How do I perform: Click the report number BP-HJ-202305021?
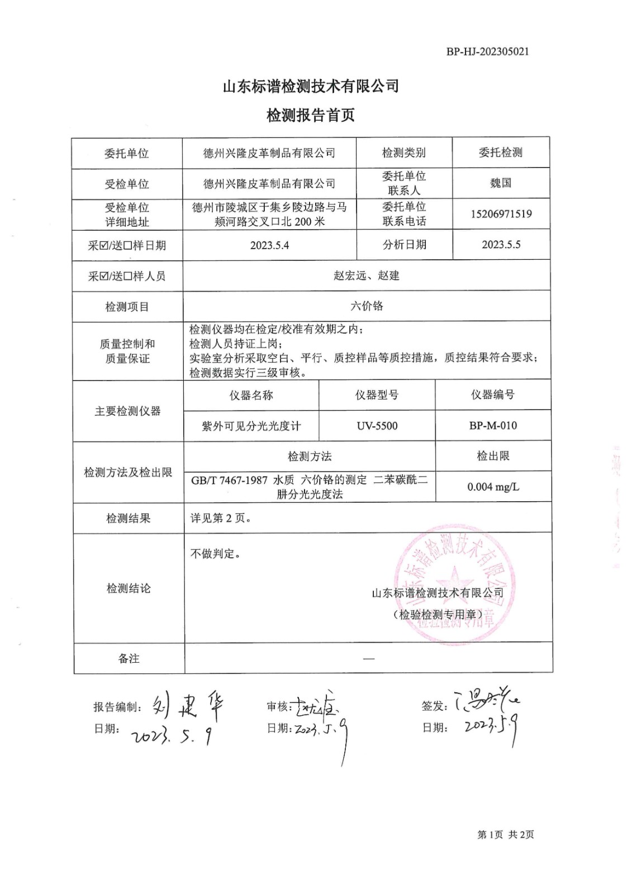[487, 51]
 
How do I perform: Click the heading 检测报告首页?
[311, 116]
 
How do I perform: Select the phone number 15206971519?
[501, 214]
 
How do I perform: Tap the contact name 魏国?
[500, 183]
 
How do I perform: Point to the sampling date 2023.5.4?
[269, 245]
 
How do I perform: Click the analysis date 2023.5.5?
[501, 245]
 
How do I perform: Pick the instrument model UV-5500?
[377, 426]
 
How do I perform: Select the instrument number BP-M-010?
[493, 426]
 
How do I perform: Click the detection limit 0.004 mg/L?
[493, 487]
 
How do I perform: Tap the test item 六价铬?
[367, 306]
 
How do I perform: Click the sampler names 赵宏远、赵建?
[367, 275]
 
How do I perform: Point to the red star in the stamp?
[454, 581]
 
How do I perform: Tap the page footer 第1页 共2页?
[505, 835]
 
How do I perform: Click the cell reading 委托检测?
[500, 153]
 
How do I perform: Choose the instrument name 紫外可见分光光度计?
[251, 426]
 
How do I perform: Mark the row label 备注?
[129, 659]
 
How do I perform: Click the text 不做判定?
[215, 554]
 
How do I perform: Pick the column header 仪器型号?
[377, 395]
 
